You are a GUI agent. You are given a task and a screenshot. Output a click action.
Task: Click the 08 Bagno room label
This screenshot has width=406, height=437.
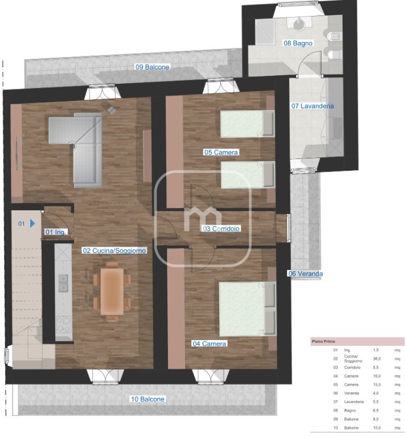298,43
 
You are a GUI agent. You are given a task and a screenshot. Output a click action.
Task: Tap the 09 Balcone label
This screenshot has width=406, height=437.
152,67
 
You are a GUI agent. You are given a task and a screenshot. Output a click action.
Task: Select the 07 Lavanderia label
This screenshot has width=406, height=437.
313,106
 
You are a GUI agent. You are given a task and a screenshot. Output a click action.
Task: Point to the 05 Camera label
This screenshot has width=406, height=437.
221,153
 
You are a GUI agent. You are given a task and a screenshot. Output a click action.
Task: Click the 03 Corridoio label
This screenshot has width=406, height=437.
221,229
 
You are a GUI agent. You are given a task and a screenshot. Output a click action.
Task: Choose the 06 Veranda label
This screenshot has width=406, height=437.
305,273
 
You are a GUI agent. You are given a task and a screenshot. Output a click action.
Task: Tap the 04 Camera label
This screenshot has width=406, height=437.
209,344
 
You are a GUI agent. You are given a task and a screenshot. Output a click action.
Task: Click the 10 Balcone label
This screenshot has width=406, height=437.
147,399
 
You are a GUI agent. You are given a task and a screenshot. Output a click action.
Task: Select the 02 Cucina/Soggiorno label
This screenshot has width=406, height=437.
114,251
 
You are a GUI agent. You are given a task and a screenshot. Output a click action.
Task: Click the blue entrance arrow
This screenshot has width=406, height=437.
32,223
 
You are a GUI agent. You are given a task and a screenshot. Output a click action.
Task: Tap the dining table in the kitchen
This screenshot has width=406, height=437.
112,291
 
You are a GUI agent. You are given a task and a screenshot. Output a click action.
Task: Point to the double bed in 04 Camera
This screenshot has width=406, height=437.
247,309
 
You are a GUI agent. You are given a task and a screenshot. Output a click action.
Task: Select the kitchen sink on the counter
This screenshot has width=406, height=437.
63,283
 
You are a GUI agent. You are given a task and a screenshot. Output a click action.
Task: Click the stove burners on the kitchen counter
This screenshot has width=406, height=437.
63,324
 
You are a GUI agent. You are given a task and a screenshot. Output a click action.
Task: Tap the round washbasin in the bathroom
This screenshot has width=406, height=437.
300,22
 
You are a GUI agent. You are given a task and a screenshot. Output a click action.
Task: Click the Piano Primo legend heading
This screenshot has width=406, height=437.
323,341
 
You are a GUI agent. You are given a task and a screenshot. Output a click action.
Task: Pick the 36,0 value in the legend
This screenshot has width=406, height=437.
377,359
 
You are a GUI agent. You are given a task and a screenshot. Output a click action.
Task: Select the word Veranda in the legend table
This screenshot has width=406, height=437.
351,393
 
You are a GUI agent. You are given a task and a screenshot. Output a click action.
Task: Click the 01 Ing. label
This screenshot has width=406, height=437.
56,232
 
